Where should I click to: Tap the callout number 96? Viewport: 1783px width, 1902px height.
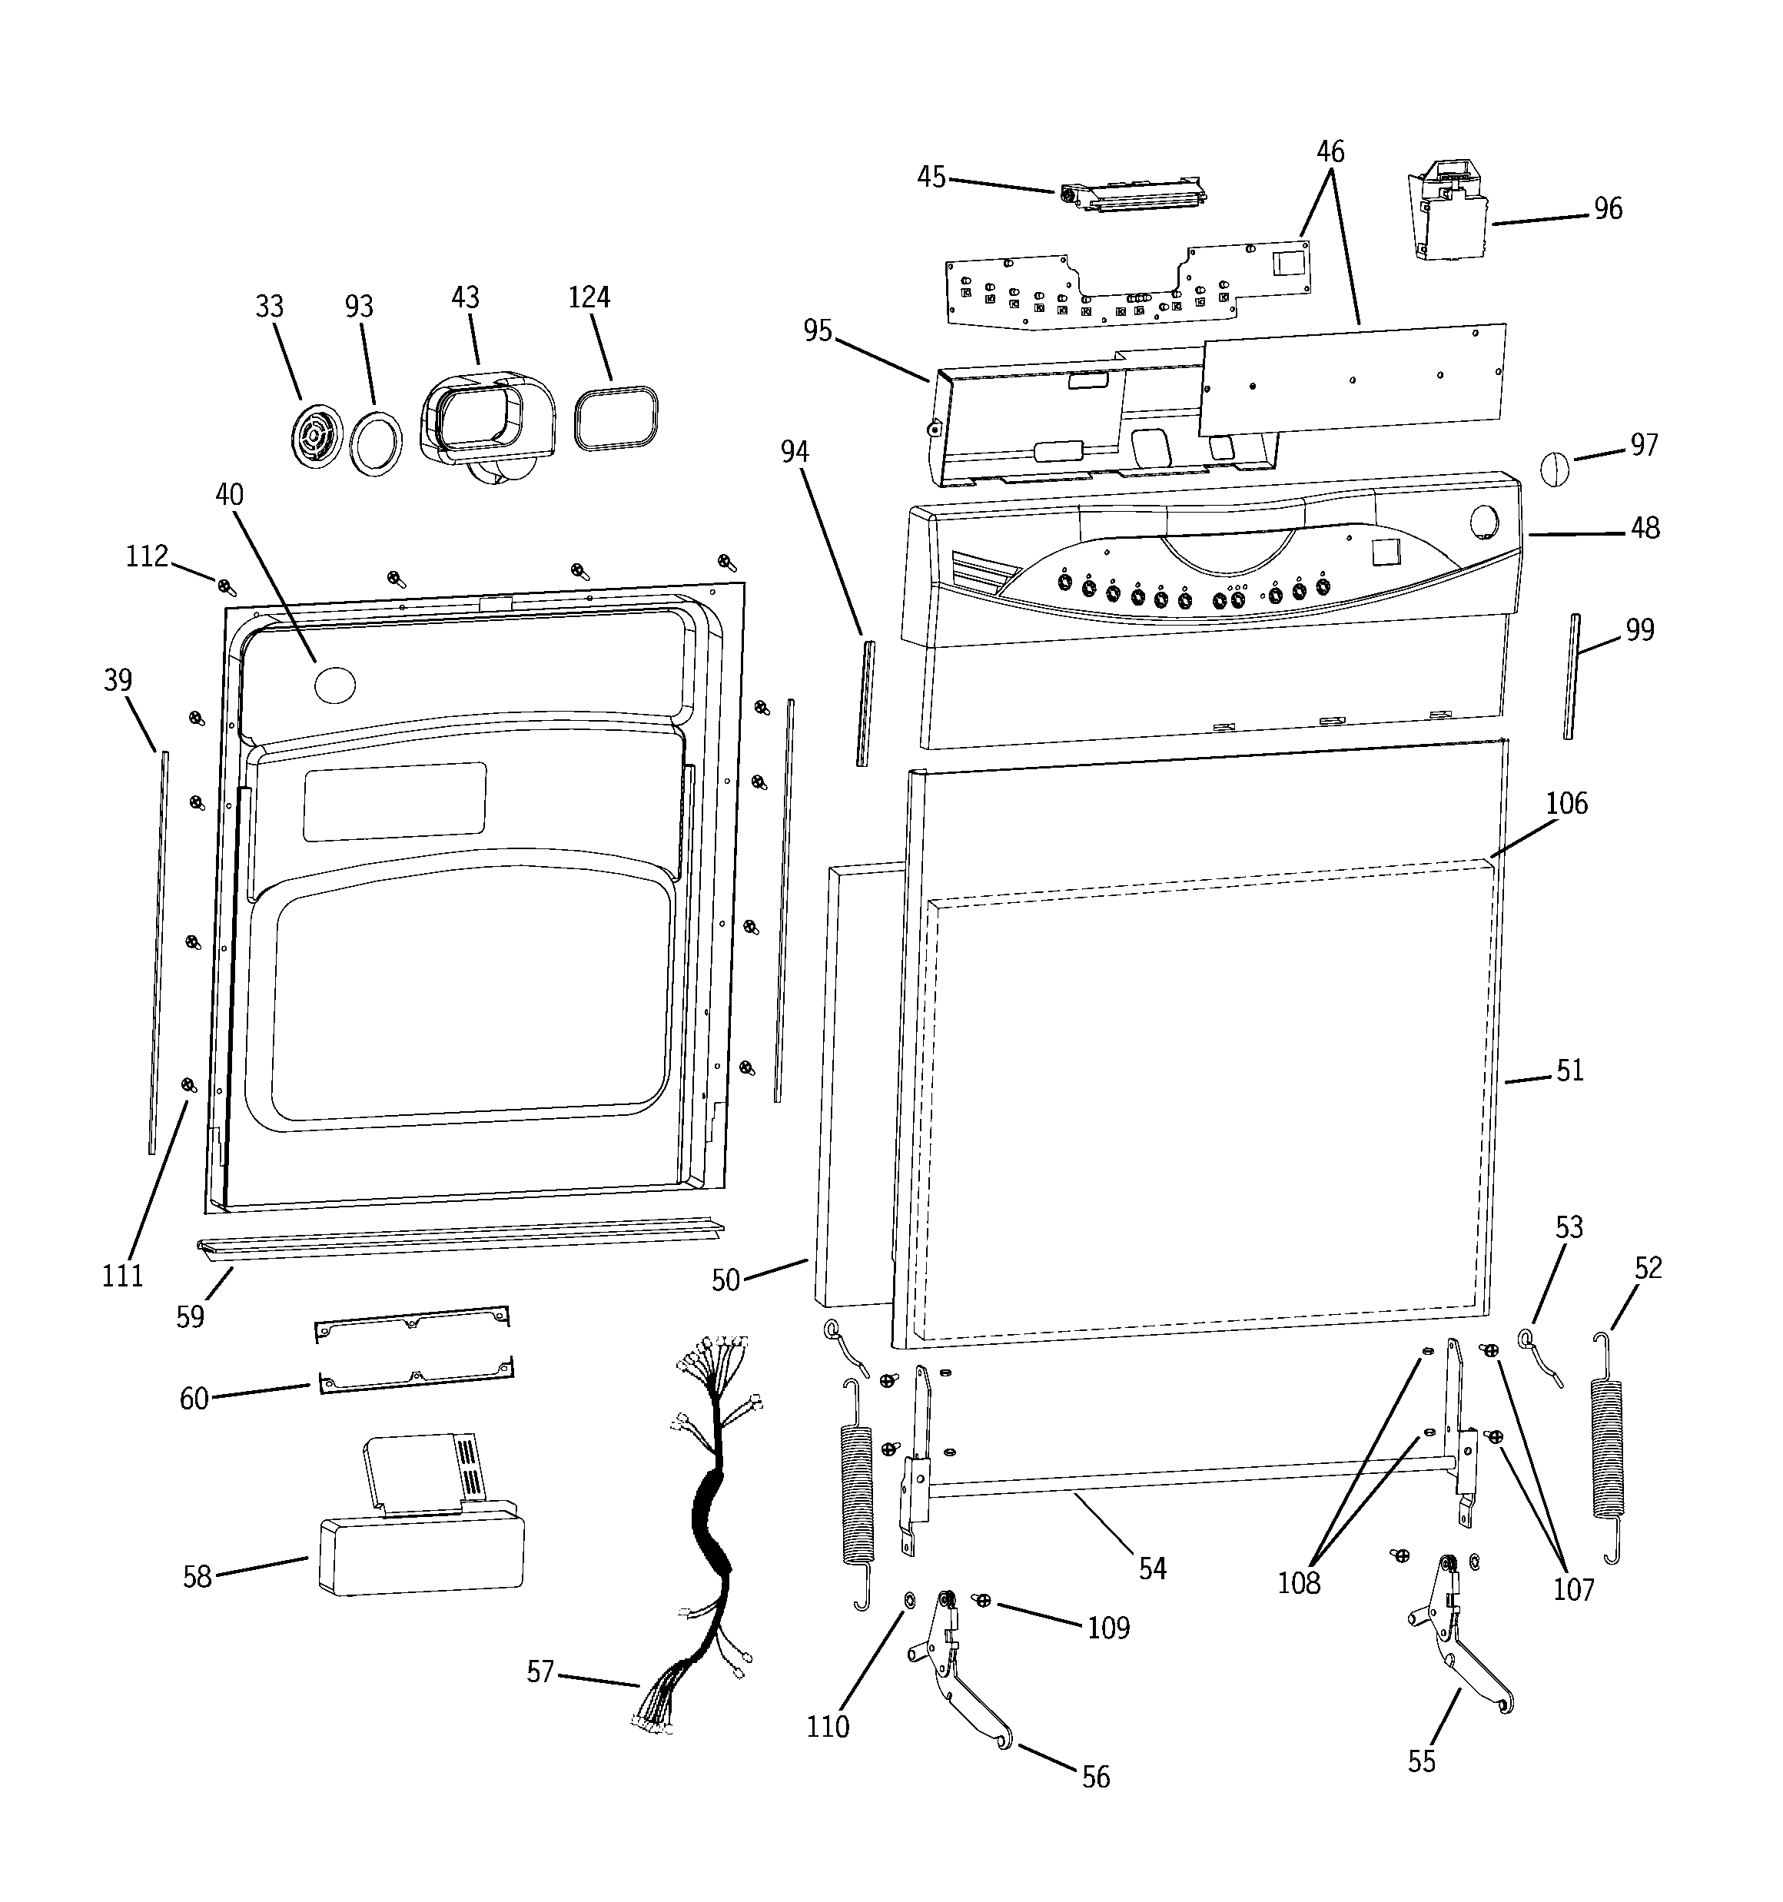tap(1608, 208)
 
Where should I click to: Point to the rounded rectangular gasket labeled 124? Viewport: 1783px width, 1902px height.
tap(616, 418)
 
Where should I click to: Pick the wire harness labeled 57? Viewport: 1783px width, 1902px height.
tap(713, 1531)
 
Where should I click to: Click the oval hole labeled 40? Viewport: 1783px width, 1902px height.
tap(335, 685)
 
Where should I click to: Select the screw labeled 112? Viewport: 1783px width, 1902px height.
tap(227, 586)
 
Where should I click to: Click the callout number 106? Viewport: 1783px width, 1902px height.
tap(1566, 803)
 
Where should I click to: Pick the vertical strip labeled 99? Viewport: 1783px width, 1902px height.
tap(1571, 675)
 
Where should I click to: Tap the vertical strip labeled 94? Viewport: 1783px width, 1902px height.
tap(865, 702)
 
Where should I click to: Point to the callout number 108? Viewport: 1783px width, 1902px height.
tap(1298, 1583)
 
